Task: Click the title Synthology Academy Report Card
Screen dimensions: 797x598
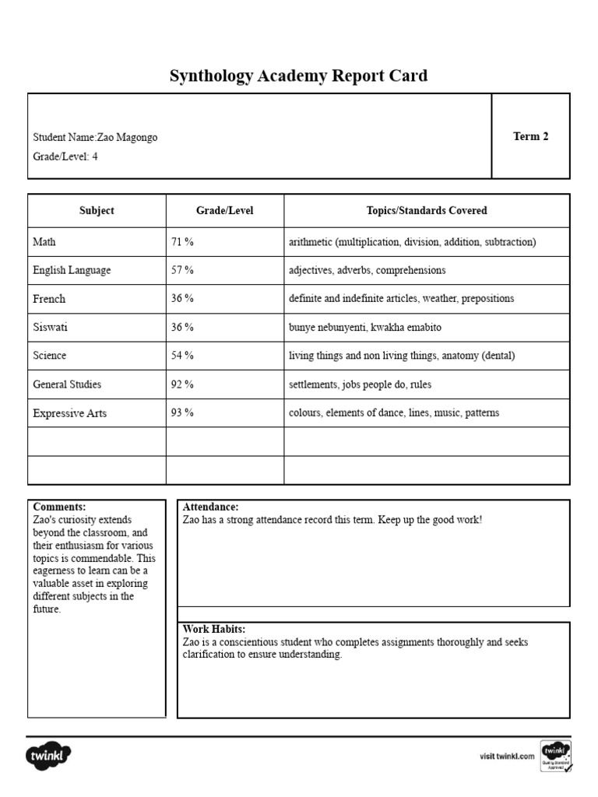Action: tap(298, 75)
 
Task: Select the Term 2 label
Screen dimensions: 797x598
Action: tap(530, 136)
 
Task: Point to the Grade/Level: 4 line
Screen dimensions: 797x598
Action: tap(65, 156)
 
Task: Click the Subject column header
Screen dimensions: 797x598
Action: tap(97, 210)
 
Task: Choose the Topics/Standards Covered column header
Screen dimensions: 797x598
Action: tap(427, 210)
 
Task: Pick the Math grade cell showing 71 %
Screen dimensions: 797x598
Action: tap(182, 242)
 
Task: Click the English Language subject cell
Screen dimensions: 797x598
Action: tap(72, 270)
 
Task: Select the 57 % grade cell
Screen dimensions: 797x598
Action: tap(182, 270)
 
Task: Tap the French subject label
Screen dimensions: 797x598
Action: tap(49, 299)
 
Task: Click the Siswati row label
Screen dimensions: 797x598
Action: tap(50, 327)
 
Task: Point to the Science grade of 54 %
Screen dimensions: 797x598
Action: tap(182, 356)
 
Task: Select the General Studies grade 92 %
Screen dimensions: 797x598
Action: tap(182, 384)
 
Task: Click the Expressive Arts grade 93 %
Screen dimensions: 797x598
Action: tap(182, 413)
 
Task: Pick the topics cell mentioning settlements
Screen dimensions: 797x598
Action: tap(360, 384)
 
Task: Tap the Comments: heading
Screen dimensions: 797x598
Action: tap(59, 507)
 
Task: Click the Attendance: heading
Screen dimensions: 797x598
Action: tap(210, 507)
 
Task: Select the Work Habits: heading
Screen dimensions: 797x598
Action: tap(214, 629)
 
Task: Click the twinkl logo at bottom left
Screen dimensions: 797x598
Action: tap(50, 755)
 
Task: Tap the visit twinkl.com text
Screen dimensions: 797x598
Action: tap(507, 756)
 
